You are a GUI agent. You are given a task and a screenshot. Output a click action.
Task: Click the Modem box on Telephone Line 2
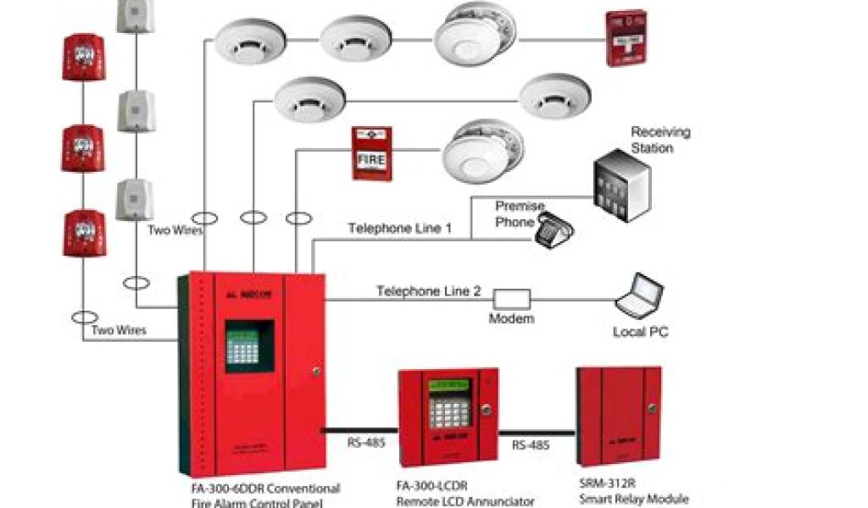(x=512, y=298)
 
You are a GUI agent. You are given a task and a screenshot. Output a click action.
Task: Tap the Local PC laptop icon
(x=640, y=297)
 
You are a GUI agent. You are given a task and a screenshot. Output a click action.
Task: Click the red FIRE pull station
(x=372, y=154)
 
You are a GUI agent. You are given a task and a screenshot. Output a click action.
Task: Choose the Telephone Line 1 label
(x=399, y=229)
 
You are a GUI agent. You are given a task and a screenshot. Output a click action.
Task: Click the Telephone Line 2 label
(x=429, y=291)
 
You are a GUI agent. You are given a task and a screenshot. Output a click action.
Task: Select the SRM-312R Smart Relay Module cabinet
(x=618, y=416)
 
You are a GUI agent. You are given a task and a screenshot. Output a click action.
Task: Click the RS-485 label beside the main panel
(x=363, y=441)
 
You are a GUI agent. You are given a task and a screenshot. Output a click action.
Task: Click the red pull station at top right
(x=626, y=38)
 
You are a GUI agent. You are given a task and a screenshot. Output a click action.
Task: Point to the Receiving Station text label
(x=660, y=140)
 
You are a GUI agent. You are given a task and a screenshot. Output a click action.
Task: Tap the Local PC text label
(x=640, y=333)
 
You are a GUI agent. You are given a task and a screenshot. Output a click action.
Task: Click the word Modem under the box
(x=511, y=319)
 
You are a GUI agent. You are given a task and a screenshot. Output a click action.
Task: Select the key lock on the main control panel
(x=315, y=371)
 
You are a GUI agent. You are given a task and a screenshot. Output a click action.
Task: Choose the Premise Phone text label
(x=520, y=214)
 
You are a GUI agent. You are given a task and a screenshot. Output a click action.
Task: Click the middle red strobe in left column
(x=83, y=148)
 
